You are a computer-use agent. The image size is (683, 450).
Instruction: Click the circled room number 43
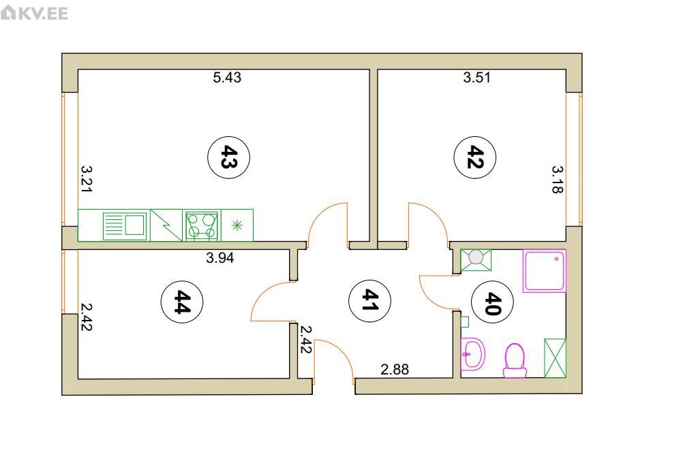[228, 157]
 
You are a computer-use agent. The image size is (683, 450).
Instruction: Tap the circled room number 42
[475, 157]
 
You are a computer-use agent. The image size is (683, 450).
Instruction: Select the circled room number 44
[182, 302]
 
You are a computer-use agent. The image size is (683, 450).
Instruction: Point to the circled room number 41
[370, 301]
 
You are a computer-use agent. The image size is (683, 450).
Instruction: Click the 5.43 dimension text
[227, 78]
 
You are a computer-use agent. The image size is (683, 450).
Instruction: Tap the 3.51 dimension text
[477, 78]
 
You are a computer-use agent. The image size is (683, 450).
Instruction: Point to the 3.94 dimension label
[220, 257]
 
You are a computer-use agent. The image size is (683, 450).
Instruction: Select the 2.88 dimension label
[395, 370]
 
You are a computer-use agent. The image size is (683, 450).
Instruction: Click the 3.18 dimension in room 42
[558, 179]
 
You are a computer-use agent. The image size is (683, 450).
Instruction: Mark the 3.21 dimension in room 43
[87, 178]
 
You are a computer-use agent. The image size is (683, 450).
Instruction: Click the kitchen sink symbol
[125, 225]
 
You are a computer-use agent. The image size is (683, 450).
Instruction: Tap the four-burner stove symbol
[201, 225]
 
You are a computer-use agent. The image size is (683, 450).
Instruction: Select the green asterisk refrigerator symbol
[237, 225]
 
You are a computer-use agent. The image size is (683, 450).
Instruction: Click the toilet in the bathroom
[515, 360]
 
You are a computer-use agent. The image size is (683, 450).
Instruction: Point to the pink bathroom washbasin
[472, 354]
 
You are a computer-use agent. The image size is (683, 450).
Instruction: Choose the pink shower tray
[545, 271]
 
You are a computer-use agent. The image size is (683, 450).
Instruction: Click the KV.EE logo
[34, 13]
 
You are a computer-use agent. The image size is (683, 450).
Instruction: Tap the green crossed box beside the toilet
[555, 358]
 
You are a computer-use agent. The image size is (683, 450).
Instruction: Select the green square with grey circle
[476, 260]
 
